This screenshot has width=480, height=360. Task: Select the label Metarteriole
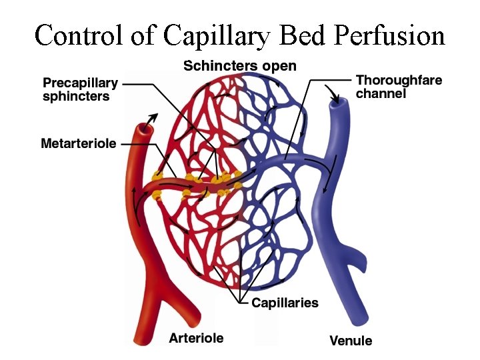[79, 143]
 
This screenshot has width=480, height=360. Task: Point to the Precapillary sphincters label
[80, 91]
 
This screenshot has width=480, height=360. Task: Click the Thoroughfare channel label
[399, 87]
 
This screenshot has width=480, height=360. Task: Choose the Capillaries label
[285, 303]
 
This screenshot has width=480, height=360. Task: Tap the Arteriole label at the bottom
[196, 338]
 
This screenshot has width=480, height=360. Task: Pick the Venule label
[351, 341]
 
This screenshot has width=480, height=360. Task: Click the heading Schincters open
[240, 66]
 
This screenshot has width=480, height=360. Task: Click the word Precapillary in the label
[80, 84]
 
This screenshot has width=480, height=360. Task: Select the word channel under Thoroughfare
[381, 94]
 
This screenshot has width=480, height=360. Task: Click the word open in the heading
[279, 66]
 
